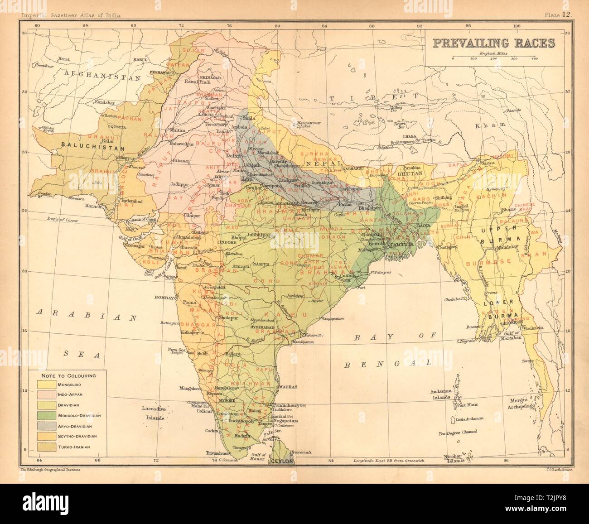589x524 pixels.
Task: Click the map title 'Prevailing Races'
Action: pos(493,43)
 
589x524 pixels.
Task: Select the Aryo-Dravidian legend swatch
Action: pos(43,425)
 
